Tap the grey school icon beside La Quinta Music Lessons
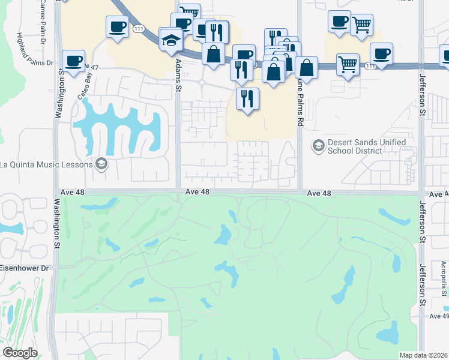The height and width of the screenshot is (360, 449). point(101,164)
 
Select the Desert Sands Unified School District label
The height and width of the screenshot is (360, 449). point(367,146)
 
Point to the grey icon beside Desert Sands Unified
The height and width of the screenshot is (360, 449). point(318,145)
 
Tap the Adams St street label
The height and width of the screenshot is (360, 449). point(178,73)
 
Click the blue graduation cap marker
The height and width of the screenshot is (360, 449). point(171,40)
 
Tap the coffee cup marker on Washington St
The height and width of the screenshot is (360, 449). point(74,61)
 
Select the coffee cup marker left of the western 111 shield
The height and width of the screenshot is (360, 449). point(117,26)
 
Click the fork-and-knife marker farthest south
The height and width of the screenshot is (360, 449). point(247,98)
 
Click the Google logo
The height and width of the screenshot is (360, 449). point(20,352)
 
